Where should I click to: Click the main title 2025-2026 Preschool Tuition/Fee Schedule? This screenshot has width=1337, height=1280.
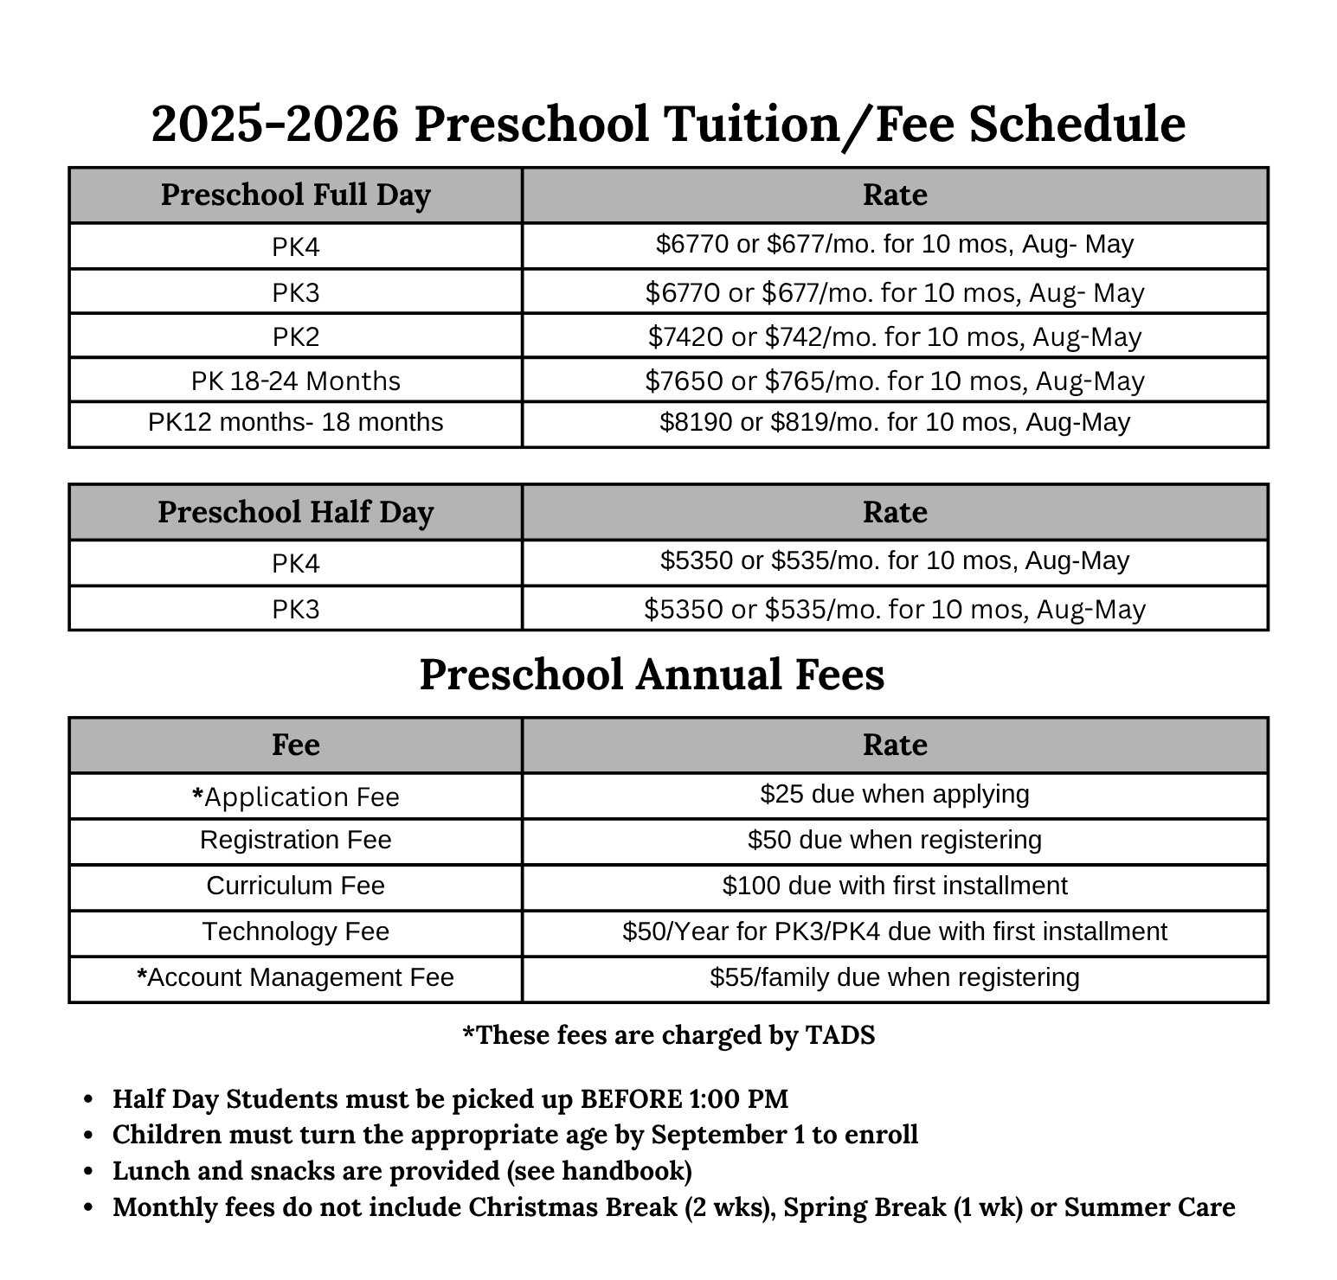tap(668, 124)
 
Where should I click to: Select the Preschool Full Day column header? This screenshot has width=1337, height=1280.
tap(295, 195)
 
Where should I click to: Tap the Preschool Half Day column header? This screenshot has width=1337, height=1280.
tap(295, 512)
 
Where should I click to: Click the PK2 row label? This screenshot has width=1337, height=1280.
tap(295, 336)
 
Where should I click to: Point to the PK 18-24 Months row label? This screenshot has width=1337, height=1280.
tap(295, 381)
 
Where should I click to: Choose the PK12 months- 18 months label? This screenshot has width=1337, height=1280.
tap(295, 422)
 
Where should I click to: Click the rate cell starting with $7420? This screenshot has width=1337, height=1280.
tap(895, 336)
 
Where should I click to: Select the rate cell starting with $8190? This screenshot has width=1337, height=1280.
tap(895, 422)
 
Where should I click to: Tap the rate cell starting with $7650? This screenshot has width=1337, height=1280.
tap(895, 381)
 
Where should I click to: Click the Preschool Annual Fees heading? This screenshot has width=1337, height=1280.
tap(652, 675)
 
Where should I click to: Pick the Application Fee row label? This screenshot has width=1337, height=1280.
tap(295, 797)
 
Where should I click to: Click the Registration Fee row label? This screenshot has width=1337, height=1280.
tap(295, 840)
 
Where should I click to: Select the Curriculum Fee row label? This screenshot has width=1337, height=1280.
tap(295, 886)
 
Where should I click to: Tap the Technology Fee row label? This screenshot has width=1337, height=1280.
tap(295, 931)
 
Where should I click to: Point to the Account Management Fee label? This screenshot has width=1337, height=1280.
tap(295, 977)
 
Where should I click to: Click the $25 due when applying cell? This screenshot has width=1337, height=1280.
tap(895, 794)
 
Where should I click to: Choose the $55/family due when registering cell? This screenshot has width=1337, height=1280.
tap(895, 977)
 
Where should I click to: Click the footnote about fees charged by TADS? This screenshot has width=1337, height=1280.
tap(668, 1035)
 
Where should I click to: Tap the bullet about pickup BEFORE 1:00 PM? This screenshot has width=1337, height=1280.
tap(450, 1099)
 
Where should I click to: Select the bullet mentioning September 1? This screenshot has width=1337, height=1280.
tap(515, 1135)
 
